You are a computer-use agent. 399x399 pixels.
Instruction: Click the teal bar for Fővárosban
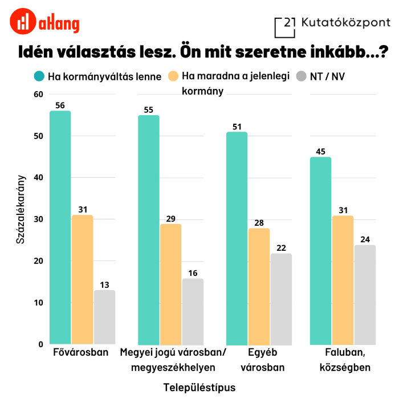[x=60, y=227]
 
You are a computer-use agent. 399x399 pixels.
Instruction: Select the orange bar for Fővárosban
[x=82, y=279]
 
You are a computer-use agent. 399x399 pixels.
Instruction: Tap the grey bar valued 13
[x=104, y=317]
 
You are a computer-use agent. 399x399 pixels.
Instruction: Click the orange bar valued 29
[x=171, y=284]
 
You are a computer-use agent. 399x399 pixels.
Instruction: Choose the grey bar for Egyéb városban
[x=281, y=299]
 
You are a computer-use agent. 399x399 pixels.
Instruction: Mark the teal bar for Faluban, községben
[x=320, y=250]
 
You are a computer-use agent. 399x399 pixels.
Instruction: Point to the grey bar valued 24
[x=365, y=294]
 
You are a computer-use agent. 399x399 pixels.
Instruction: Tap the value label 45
[x=320, y=152]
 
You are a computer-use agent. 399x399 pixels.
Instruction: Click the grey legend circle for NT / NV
[x=302, y=76]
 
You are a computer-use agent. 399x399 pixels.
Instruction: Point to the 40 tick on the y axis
[x=39, y=178]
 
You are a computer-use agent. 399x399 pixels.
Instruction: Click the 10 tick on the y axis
[x=39, y=303]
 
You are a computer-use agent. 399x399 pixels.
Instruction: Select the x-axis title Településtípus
[x=199, y=387]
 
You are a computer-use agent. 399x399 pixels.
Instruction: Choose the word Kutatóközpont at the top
[x=346, y=23]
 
